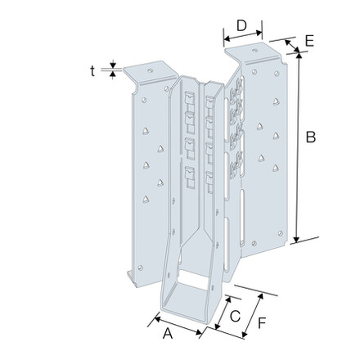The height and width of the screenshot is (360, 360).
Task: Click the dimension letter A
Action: click(167, 333)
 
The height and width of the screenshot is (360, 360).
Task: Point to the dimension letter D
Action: click(241, 25)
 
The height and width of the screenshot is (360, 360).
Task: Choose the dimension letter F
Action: click(261, 322)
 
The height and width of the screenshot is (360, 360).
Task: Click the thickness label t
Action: click(93, 70)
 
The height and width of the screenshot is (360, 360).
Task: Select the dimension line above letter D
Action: click(242, 36)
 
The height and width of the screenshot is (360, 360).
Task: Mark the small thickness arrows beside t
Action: click(113, 71)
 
